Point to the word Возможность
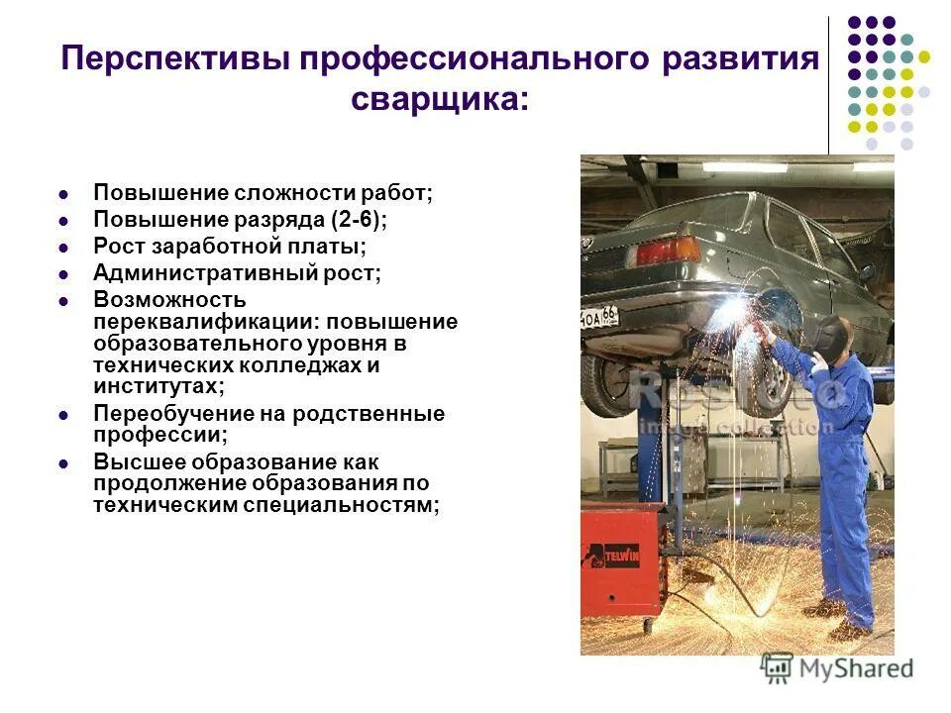pyautogui.click(x=169, y=299)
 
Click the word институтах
pyautogui.click(x=157, y=387)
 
